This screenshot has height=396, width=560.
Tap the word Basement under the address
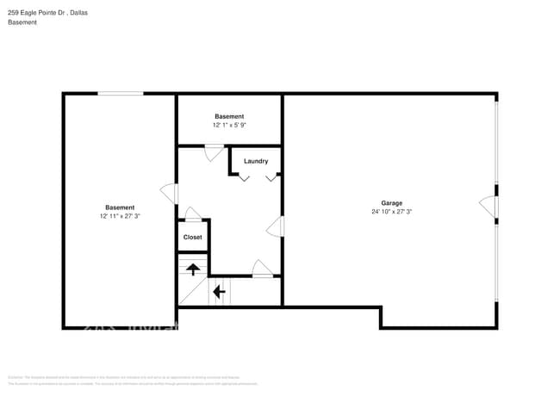point(22,22)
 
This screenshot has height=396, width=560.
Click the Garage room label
point(392,203)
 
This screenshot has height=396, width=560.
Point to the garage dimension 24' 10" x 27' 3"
point(392,212)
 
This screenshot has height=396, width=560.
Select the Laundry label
point(256,161)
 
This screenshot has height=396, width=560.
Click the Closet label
point(193,237)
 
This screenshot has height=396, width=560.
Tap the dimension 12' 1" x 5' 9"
point(229,125)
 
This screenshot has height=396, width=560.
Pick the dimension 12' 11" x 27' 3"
point(120,216)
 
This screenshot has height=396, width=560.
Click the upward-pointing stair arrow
point(193,267)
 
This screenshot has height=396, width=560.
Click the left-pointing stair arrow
point(219,291)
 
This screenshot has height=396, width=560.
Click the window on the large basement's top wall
point(120,94)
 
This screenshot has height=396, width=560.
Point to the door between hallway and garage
point(277,226)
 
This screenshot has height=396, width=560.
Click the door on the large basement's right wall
point(170,194)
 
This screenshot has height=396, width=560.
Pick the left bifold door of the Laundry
point(245,177)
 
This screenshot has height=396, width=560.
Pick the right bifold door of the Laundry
point(271,177)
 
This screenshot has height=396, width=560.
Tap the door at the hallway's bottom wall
point(262,269)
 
